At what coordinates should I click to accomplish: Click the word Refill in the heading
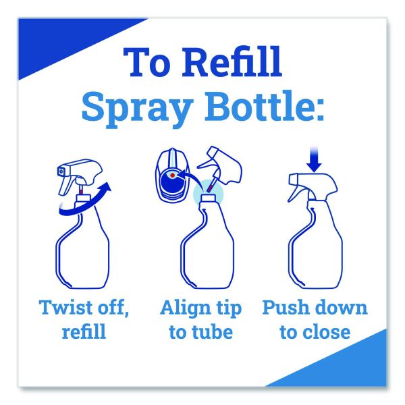click(x=233, y=62)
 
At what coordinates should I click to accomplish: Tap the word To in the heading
click(x=147, y=62)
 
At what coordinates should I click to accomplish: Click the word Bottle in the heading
click(x=258, y=106)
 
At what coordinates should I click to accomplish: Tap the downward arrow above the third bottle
click(x=315, y=159)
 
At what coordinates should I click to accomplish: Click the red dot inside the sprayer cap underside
click(x=172, y=175)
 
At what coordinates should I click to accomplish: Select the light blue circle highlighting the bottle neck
click(x=208, y=194)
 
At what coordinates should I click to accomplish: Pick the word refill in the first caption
click(x=84, y=331)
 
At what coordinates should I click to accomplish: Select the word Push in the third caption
click(x=286, y=307)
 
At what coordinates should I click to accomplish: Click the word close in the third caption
click(x=327, y=331)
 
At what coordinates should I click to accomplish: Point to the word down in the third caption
click(x=342, y=307)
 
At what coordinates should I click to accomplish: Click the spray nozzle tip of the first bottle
click(x=61, y=171)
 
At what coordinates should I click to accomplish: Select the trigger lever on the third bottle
click(x=296, y=192)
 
